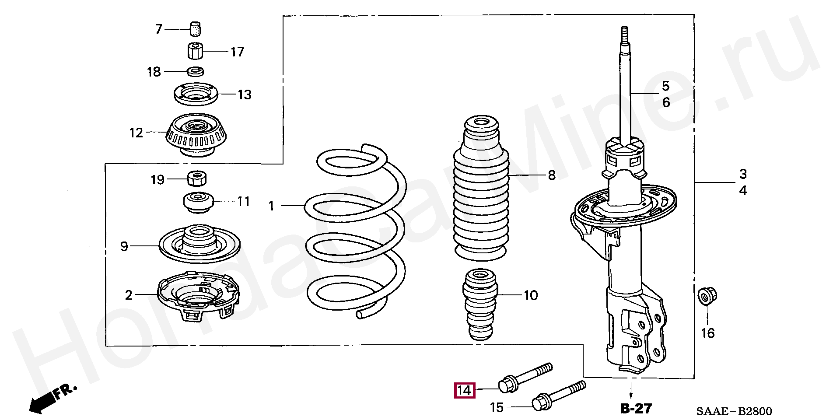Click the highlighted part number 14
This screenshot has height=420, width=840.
(464, 390)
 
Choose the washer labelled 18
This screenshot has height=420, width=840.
(195, 71)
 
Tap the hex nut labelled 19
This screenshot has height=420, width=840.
(197, 178)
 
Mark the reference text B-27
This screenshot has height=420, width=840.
(636, 409)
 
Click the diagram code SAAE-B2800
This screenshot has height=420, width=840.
(734, 411)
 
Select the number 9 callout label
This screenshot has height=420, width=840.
(124, 246)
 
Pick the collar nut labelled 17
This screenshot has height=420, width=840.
(196, 51)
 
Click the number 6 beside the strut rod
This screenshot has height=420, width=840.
(665, 102)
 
